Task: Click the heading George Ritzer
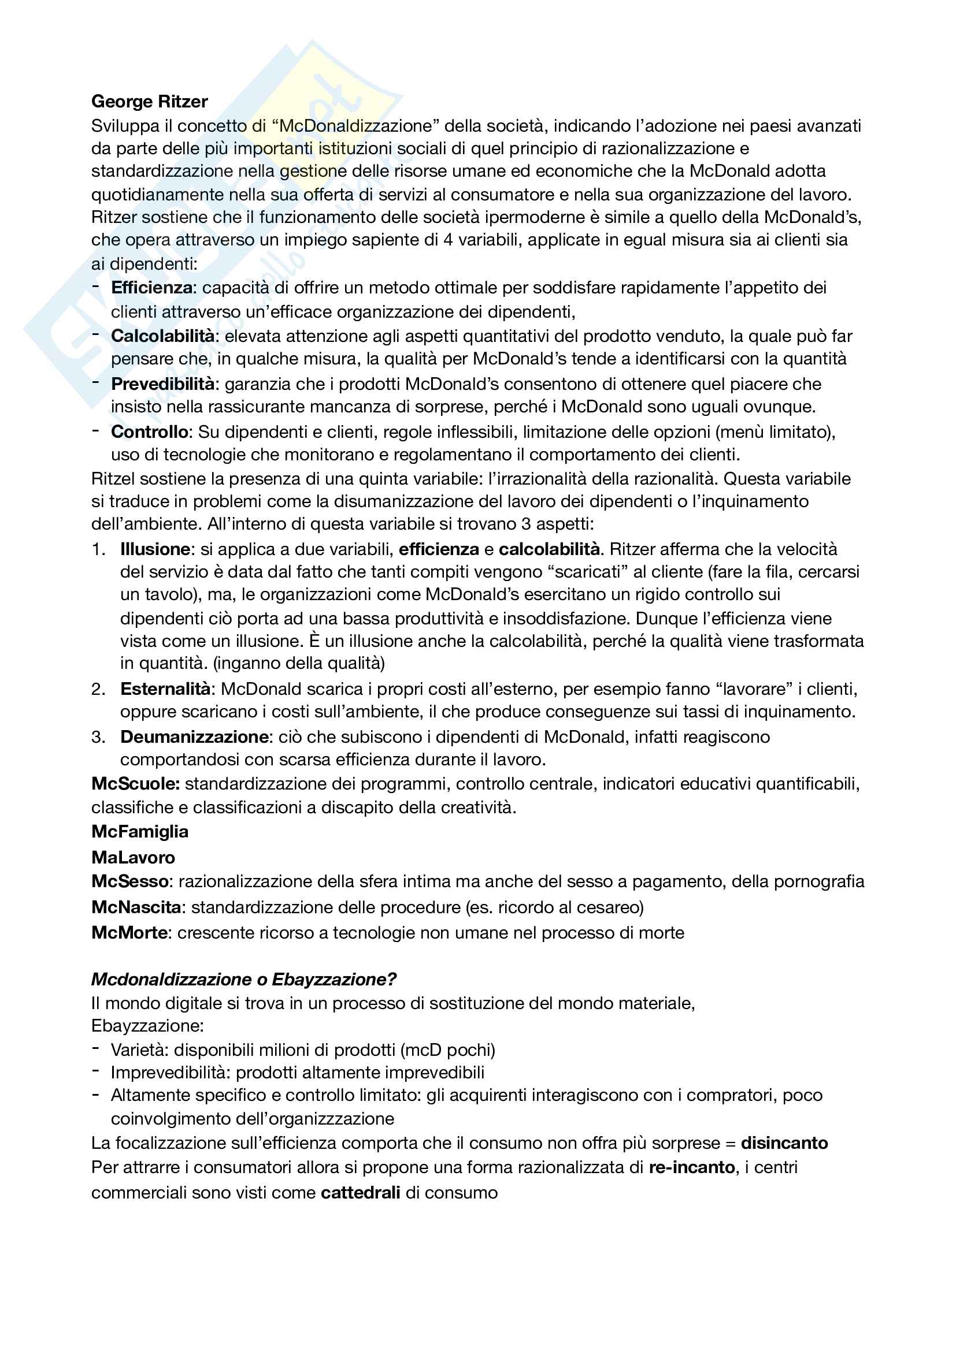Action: [150, 102]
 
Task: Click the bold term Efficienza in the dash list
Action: [152, 288]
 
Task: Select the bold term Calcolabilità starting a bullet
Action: [163, 336]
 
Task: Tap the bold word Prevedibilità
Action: [163, 384]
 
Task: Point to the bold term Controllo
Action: [150, 432]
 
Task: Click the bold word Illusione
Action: [155, 549]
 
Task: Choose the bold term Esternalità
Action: [165, 688]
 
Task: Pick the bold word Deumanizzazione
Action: [194, 736]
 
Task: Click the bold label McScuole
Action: [135, 784]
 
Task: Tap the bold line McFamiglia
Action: [140, 831]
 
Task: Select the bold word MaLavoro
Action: [133, 857]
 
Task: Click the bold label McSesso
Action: [130, 881]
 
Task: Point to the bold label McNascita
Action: [136, 907]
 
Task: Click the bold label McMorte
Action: [129, 933]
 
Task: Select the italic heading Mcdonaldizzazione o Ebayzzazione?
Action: [244, 979]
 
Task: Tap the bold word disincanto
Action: [784, 1142]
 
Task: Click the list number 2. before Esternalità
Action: [98, 689]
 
